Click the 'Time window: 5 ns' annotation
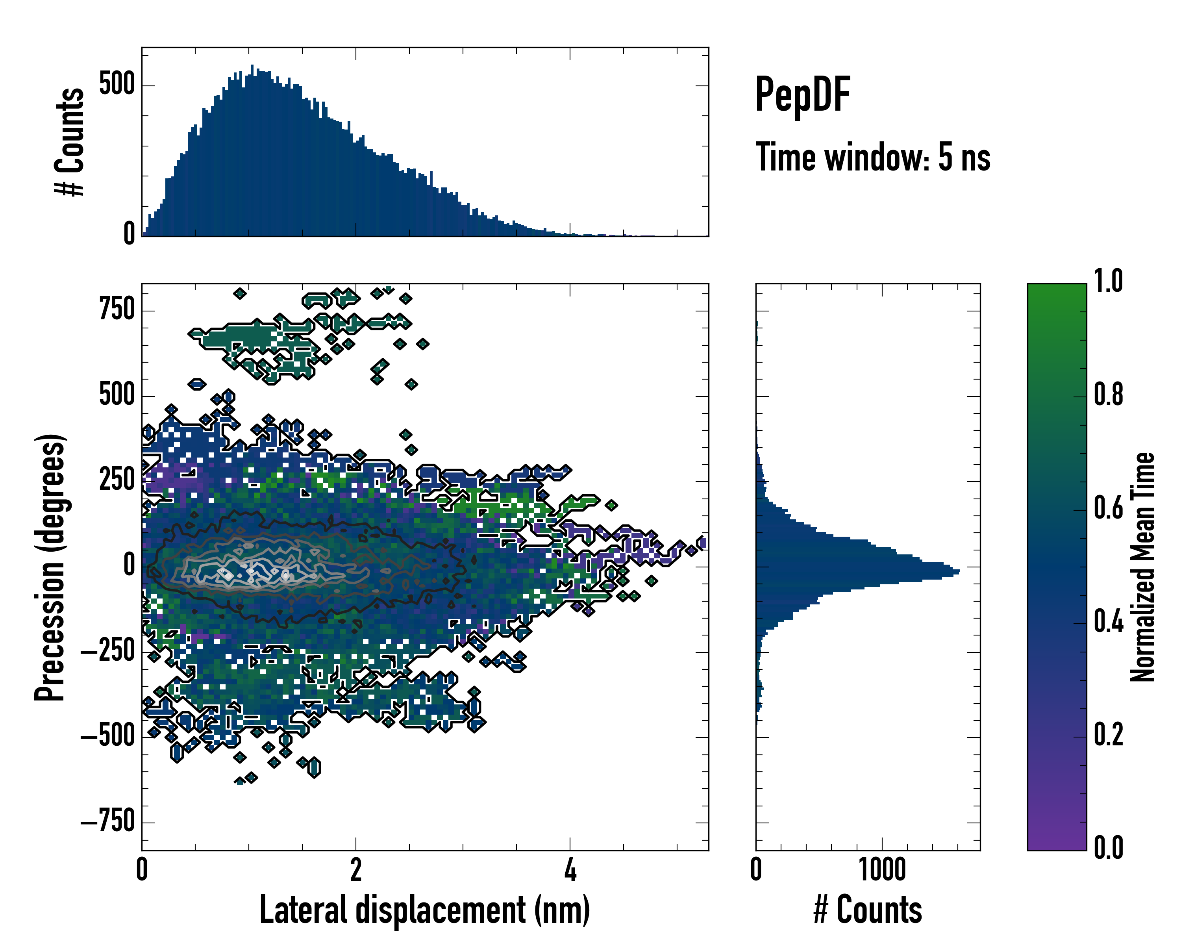pyautogui.click(x=873, y=157)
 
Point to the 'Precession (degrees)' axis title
pyautogui.click(x=50, y=567)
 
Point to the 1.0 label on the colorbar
pyautogui.click(x=1108, y=282)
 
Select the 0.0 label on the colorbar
pyautogui.click(x=1108, y=847)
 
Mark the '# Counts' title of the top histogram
pyautogui.click(x=70, y=142)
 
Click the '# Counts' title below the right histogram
pyautogui.click(x=868, y=910)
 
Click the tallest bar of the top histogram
pyautogui.click(x=252, y=67)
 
